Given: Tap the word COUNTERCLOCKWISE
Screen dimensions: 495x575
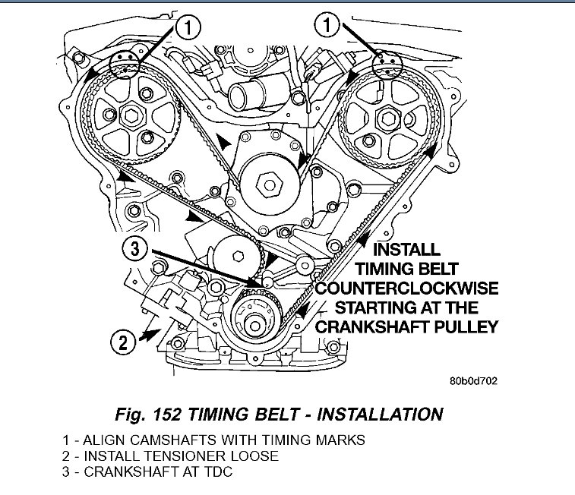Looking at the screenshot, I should (x=408, y=288).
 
